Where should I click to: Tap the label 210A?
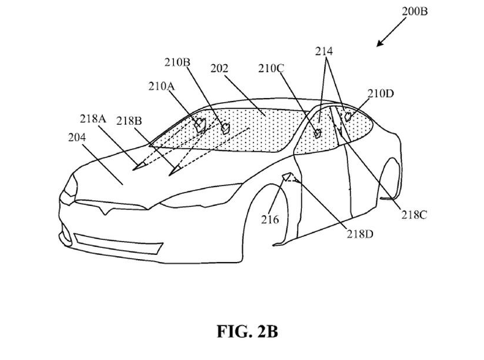161,86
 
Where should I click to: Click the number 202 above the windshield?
219,68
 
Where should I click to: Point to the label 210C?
271,68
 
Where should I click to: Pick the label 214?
324,51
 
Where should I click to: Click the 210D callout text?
381,93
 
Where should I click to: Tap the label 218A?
93,119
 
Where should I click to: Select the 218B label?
129,121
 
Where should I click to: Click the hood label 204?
76,138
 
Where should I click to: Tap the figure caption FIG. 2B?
247,332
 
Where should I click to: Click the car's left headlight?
71,186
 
